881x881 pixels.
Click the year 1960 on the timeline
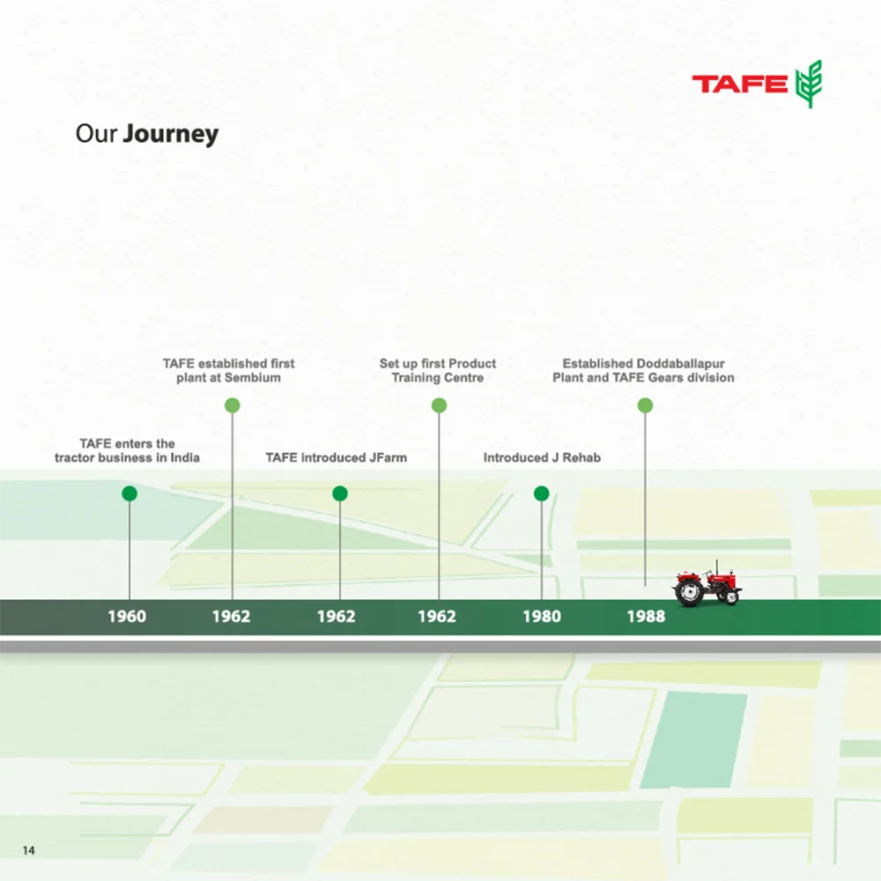(127, 617)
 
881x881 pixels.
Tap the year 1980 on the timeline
(541, 617)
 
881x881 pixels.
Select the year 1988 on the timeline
(646, 617)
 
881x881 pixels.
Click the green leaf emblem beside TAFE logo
(808, 84)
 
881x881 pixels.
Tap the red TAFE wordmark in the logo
(740, 85)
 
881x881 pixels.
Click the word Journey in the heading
(170, 135)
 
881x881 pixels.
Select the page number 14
(28, 850)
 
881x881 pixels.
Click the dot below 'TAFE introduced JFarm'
(340, 493)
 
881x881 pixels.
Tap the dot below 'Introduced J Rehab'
(542, 493)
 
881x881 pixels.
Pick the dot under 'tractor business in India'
(130, 493)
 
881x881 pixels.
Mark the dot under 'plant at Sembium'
(232, 405)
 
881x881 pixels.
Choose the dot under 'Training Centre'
(439, 405)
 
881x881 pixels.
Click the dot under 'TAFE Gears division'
(645, 405)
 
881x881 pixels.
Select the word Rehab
(581, 458)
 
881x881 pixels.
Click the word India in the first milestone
(184, 457)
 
